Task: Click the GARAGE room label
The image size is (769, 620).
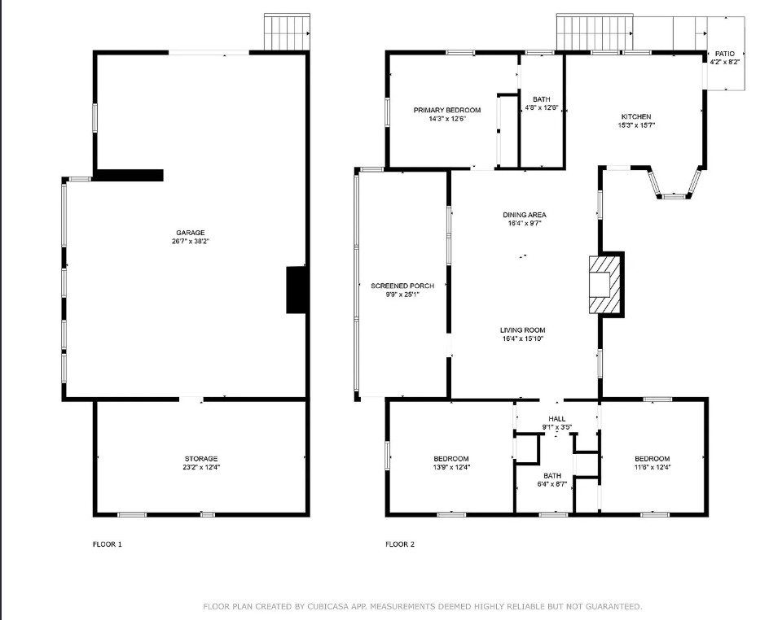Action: (191, 233)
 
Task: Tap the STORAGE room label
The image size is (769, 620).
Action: (201, 459)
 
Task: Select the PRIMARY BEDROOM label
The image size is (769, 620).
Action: (446, 110)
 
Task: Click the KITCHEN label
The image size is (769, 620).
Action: (636, 116)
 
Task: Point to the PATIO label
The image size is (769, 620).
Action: (725, 54)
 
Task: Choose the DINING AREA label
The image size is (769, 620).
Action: (525, 215)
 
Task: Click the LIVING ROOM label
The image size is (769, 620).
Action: (523, 330)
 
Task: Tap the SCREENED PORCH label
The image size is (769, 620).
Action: (402, 286)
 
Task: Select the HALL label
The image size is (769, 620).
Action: (556, 419)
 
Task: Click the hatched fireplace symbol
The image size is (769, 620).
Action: (604, 284)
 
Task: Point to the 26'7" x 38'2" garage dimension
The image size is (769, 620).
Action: (191, 242)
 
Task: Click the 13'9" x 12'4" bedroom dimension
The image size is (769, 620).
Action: (451, 467)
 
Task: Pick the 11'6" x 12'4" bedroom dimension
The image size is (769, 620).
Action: (653, 467)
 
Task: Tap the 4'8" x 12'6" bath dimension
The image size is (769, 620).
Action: (542, 107)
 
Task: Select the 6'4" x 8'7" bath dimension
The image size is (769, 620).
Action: (552, 484)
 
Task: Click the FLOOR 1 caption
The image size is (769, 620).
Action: (108, 544)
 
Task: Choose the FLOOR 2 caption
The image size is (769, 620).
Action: (400, 544)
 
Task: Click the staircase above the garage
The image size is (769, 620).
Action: (288, 33)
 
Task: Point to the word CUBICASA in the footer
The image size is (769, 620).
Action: (328, 607)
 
